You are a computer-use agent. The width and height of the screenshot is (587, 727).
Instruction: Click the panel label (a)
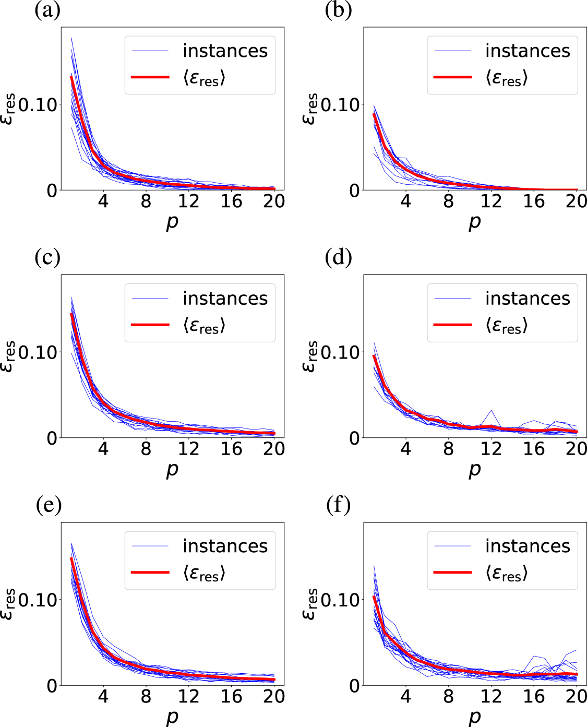tap(47, 10)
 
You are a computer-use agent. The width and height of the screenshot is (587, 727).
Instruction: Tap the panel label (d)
tap(338, 257)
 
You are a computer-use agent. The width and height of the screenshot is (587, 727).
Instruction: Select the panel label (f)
tap(338, 505)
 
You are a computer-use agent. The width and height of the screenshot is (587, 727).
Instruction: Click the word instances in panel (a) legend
tap(225, 51)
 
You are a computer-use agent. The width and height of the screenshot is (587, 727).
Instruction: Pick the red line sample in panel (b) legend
tap(452, 77)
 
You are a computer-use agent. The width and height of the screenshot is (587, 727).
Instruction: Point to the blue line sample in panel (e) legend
tap(150, 546)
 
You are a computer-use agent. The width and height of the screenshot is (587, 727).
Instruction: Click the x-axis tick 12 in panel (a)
tap(188, 201)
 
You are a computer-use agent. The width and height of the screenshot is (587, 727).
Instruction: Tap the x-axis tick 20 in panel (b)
tap(576, 201)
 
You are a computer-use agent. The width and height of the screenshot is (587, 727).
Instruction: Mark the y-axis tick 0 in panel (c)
tap(52, 438)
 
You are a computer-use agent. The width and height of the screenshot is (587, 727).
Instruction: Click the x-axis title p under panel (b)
tap(474, 222)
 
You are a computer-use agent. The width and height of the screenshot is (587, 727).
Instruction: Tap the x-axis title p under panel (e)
tap(172, 717)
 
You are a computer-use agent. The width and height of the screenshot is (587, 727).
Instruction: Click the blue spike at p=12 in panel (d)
tap(490, 411)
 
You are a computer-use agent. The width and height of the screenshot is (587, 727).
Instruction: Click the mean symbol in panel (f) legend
tap(506, 574)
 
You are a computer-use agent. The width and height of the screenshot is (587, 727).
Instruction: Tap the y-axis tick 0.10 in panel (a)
tap(38, 105)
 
